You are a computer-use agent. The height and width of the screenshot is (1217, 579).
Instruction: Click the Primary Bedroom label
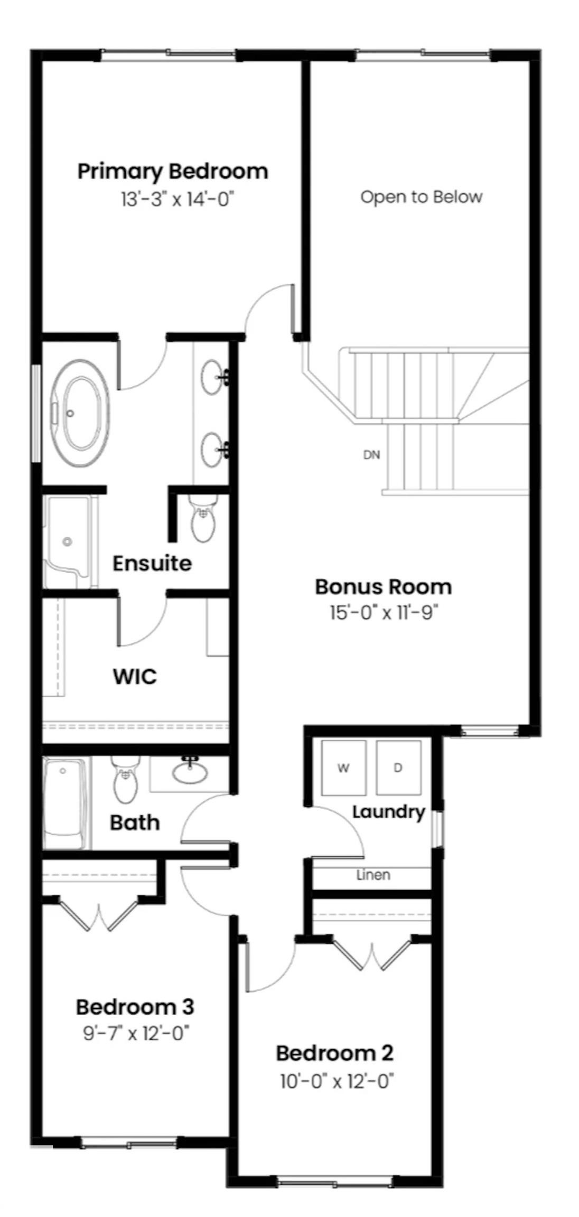[173, 172]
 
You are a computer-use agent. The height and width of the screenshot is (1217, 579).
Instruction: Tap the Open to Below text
[421, 197]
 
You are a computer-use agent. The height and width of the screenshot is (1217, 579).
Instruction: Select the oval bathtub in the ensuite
[80, 413]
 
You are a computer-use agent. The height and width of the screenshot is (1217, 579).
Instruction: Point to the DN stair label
[371, 455]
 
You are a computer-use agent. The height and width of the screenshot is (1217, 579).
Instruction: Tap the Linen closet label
[373, 875]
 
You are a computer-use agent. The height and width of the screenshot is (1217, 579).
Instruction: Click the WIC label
[135, 677]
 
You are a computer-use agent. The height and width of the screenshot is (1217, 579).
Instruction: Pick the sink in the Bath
[190, 773]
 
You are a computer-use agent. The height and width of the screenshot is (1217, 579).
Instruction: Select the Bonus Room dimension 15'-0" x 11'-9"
[384, 613]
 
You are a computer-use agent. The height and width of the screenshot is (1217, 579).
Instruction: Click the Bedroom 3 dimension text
[136, 1033]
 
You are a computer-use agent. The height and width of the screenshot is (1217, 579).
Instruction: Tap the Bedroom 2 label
[334, 1053]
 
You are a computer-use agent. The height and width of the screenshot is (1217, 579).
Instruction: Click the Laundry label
[388, 812]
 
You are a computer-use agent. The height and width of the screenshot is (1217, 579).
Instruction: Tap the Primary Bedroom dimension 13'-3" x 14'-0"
[177, 200]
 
